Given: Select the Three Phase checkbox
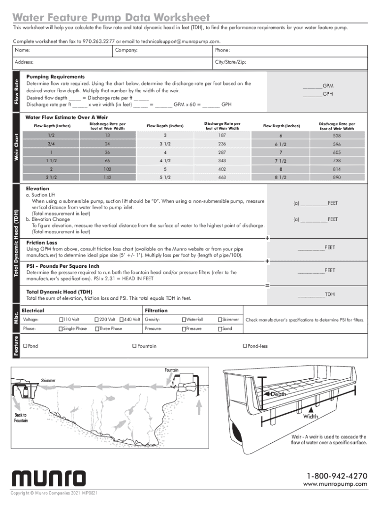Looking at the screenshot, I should (97, 328).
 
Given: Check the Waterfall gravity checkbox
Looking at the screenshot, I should (184, 320).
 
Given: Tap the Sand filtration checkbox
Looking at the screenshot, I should (220, 328).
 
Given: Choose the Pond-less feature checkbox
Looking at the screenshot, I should (245, 346).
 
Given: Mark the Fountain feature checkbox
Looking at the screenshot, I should (134, 346).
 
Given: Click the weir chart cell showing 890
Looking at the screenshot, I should (337, 177).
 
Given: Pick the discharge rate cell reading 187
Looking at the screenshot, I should (222, 135).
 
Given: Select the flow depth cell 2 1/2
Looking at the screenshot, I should (52, 177).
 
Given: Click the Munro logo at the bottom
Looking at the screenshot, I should (48, 479).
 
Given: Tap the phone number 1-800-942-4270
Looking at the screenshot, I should (337, 476).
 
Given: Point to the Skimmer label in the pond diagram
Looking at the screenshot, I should (48, 381).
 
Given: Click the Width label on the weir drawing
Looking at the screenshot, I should (311, 416).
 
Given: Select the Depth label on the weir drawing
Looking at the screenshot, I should (278, 395).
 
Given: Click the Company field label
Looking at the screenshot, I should (126, 50).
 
